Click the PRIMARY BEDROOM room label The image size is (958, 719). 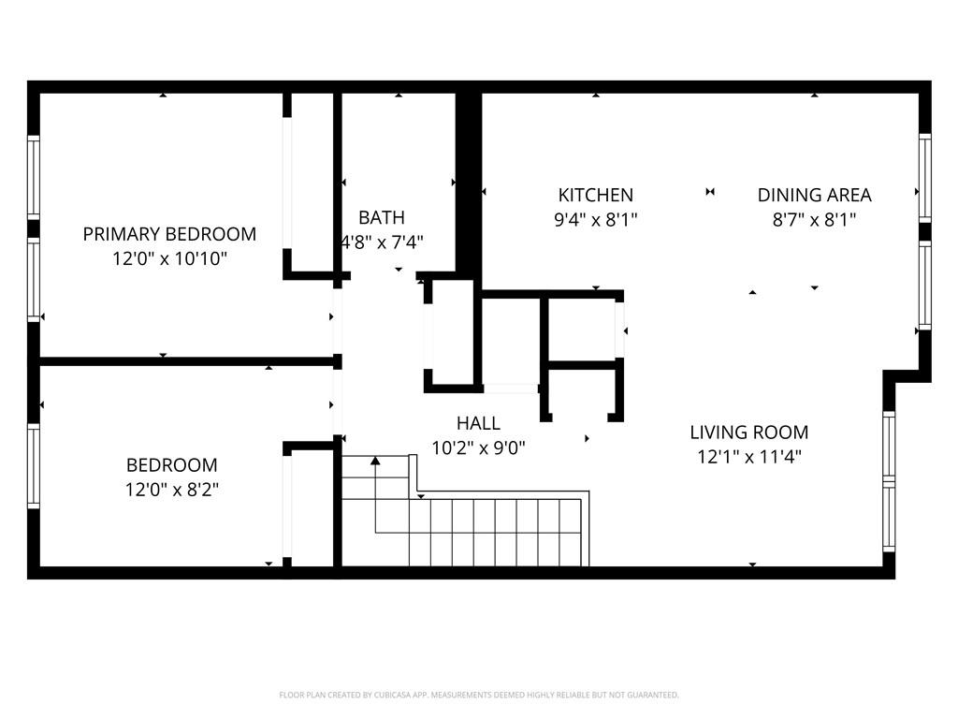[169, 234]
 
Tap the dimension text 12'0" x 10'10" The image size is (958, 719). [169, 257]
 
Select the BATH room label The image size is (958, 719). [382, 218]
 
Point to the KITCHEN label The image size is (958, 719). [596, 196]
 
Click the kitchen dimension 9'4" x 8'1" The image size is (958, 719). [596, 220]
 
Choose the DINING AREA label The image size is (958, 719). [814, 196]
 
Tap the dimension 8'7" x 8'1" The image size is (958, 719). [814, 220]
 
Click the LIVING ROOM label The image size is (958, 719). [749, 433]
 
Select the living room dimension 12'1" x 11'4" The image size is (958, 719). [749, 457]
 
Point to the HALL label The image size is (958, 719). [478, 424]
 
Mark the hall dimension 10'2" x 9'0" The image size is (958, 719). [478, 448]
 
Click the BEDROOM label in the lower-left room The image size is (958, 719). [172, 465]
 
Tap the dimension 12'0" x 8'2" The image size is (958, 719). [172, 489]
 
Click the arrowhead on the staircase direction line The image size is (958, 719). [375, 460]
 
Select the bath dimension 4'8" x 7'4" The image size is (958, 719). [382, 242]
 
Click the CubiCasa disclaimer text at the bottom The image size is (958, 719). [478, 695]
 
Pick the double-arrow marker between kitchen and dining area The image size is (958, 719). [710, 192]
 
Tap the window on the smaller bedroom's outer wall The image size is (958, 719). [34, 466]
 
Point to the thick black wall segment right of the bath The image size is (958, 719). [469, 183]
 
